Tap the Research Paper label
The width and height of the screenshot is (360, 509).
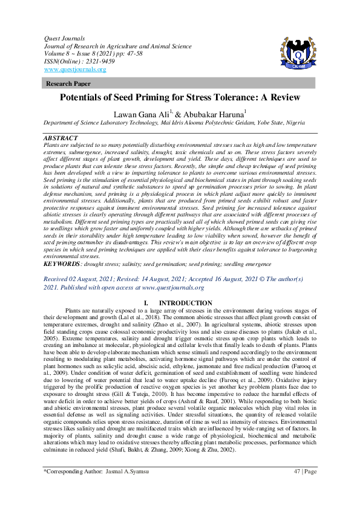coord(65,84)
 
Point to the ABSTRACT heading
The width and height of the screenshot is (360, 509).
coord(61,138)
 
